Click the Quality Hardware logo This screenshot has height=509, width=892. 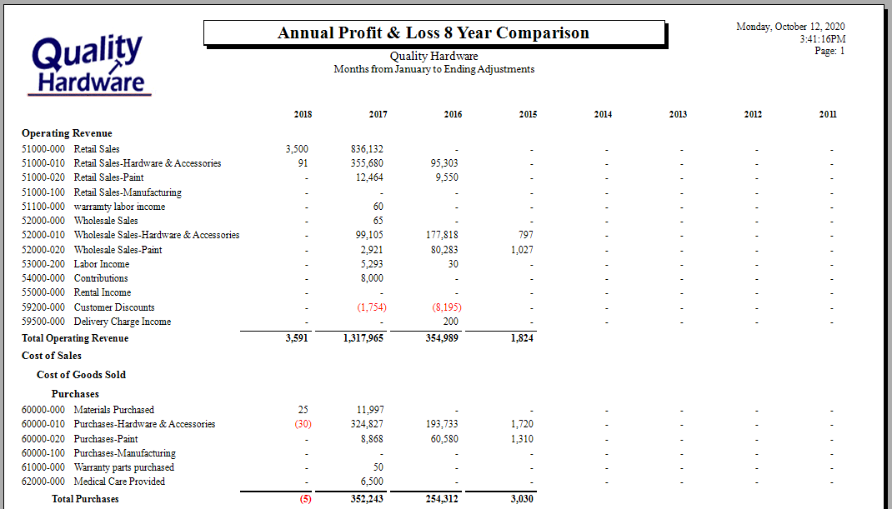[89, 64]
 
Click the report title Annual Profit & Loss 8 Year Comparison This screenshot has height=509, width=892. [433, 33]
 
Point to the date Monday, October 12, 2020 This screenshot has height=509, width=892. [790, 27]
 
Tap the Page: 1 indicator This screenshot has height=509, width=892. [829, 51]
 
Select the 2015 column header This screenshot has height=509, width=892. [528, 114]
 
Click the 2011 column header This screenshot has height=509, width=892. [828, 114]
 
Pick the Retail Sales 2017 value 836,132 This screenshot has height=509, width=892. [367, 149]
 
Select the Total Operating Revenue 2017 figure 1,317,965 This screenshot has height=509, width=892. [363, 338]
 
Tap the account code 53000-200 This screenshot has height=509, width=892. [43, 264]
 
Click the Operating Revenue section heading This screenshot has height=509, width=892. [67, 133]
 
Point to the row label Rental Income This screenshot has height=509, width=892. [103, 292]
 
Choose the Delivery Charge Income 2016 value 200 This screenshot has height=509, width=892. [450, 322]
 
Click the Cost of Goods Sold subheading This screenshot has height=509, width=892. [82, 375]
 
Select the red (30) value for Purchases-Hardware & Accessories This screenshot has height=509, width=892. [303, 424]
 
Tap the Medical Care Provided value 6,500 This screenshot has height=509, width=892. [372, 482]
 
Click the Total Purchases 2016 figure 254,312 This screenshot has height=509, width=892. [442, 499]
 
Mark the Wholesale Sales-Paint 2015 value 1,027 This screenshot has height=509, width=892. [522, 250]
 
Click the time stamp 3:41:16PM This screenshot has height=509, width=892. [823, 39]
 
